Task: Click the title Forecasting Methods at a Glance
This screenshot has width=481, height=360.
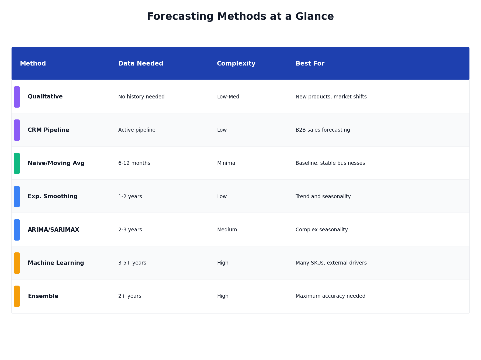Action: pyautogui.click(x=240, y=17)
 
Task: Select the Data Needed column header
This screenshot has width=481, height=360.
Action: pyautogui.click(x=141, y=64)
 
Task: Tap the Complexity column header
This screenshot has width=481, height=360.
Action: pyautogui.click(x=236, y=64)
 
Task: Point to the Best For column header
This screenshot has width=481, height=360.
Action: pyautogui.click(x=310, y=64)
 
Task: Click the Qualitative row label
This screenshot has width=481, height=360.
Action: pyautogui.click(x=45, y=97)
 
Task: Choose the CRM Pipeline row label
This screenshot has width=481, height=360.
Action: pyautogui.click(x=49, y=130)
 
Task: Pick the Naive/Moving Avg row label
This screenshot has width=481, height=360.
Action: pyautogui.click(x=56, y=163)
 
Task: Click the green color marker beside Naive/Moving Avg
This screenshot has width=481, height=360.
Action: pyautogui.click(x=17, y=163)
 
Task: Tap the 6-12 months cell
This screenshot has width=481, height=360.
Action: pyautogui.click(x=134, y=163)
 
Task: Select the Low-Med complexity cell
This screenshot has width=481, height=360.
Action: pyautogui.click(x=228, y=97)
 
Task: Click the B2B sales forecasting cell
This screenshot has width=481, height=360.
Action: pyautogui.click(x=323, y=130)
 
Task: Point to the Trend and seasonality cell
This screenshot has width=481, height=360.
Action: pyautogui.click(x=323, y=197)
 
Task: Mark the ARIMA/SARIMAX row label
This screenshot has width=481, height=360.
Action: pyautogui.click(x=53, y=230)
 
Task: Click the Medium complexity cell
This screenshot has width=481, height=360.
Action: pyautogui.click(x=227, y=230)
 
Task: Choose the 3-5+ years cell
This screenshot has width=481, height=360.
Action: pyautogui.click(x=132, y=263)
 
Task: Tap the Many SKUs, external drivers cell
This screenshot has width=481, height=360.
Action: pyautogui.click(x=331, y=263)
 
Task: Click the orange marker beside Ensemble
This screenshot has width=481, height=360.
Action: pyautogui.click(x=17, y=296)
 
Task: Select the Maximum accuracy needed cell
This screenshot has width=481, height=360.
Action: pyautogui.click(x=330, y=296)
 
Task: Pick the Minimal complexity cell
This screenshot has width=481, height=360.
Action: pyautogui.click(x=227, y=163)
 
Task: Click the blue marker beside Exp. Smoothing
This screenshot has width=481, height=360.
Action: pyautogui.click(x=17, y=197)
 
